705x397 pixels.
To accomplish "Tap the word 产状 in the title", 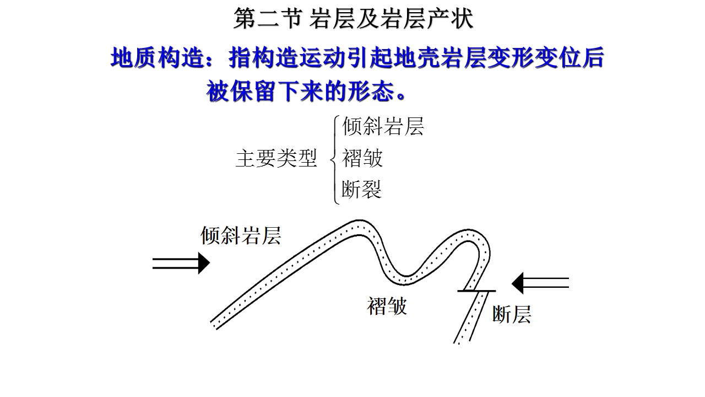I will tap(453, 20).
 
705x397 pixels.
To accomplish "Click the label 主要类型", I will tap(276, 159).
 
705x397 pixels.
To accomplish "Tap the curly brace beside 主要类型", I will tap(334, 159).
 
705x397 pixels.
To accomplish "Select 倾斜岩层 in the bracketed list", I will tap(383, 126).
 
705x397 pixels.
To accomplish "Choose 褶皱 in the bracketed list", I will tap(362, 159).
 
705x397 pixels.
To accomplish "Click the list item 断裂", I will tap(362, 190).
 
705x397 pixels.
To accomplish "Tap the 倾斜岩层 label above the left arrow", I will tap(241, 235).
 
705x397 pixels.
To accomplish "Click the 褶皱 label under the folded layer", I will tap(387, 305).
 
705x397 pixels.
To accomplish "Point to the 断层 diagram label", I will tap(511, 314).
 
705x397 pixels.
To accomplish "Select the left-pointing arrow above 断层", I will tap(540, 283).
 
